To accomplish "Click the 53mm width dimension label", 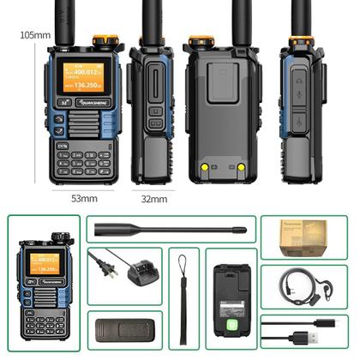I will click(83, 198).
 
